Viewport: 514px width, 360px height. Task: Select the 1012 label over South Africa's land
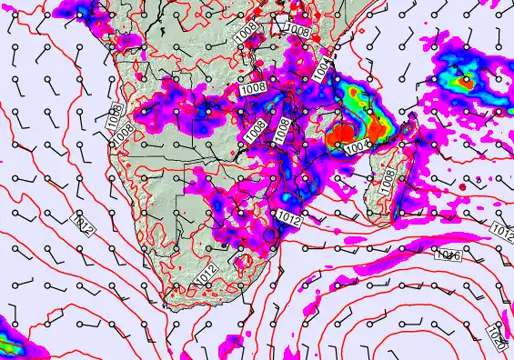(x=207, y=275)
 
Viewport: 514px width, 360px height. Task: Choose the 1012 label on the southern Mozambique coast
(x=290, y=218)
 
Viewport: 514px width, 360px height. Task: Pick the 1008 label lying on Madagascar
(x=387, y=183)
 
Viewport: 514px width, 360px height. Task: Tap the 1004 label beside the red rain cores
(x=358, y=144)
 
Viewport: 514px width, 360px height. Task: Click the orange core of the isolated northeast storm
(x=466, y=82)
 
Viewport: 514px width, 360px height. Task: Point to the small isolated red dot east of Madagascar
(x=463, y=186)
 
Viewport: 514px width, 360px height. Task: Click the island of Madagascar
(x=387, y=168)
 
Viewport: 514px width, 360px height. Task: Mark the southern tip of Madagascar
(x=374, y=216)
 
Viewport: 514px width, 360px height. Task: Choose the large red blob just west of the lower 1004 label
(x=338, y=136)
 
